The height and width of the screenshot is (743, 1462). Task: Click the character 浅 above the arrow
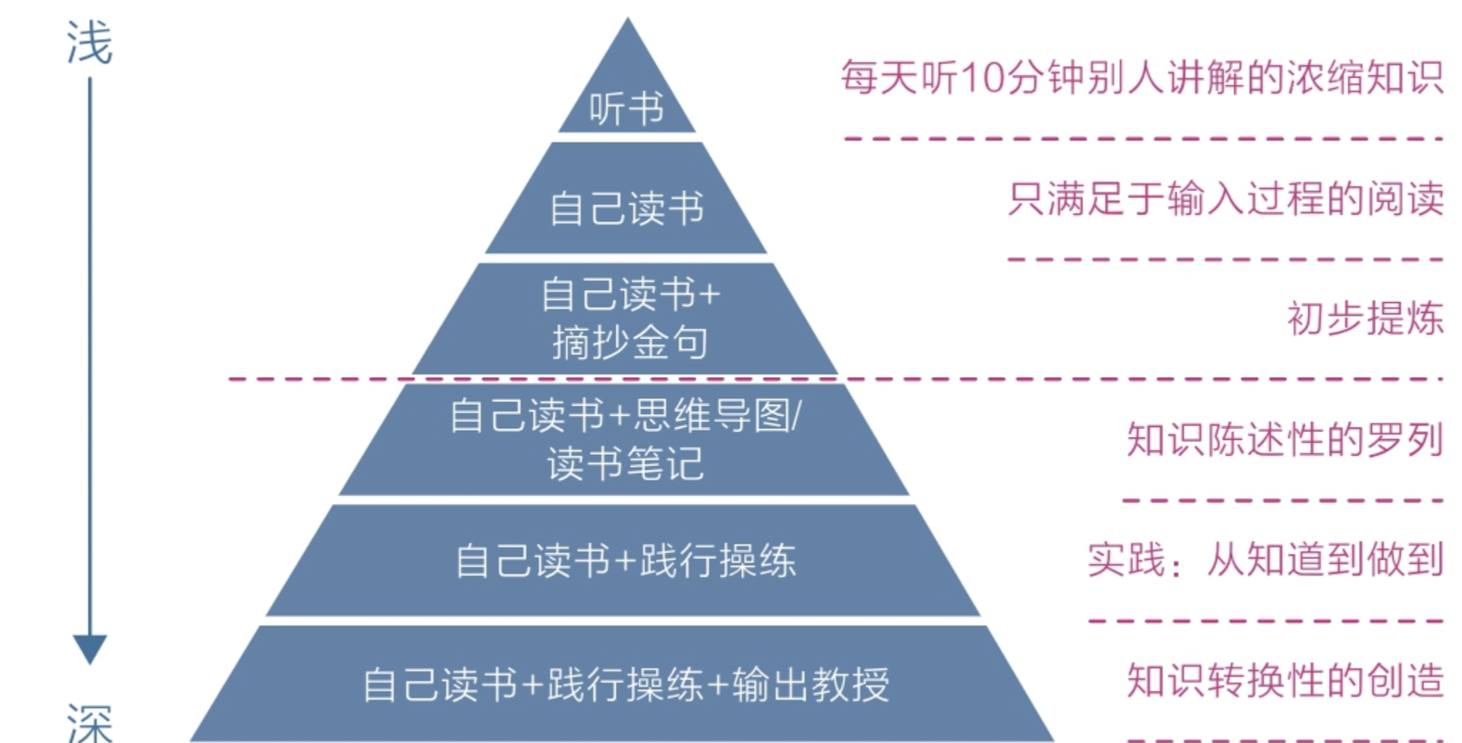89,44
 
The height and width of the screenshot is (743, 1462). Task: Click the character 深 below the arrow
90,723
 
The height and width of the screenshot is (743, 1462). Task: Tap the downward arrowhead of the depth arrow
90,649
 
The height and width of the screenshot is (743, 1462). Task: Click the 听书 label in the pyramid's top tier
626,109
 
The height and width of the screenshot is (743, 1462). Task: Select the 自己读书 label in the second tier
626,208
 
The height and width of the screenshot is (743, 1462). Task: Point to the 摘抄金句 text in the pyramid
629,343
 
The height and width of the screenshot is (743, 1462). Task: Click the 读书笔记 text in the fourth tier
625,463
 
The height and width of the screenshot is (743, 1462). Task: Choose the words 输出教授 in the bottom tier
811,685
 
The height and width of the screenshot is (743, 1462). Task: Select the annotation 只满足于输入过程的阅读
1225,198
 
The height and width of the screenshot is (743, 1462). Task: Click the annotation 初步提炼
1364,319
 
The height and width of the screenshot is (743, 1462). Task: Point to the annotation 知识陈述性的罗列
1284,439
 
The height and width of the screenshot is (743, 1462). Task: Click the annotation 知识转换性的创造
1284,680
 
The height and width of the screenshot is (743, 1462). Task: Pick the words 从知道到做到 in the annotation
1325,560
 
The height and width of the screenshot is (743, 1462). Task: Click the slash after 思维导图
798,416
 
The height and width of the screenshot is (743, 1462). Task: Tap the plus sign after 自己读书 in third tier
709,296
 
